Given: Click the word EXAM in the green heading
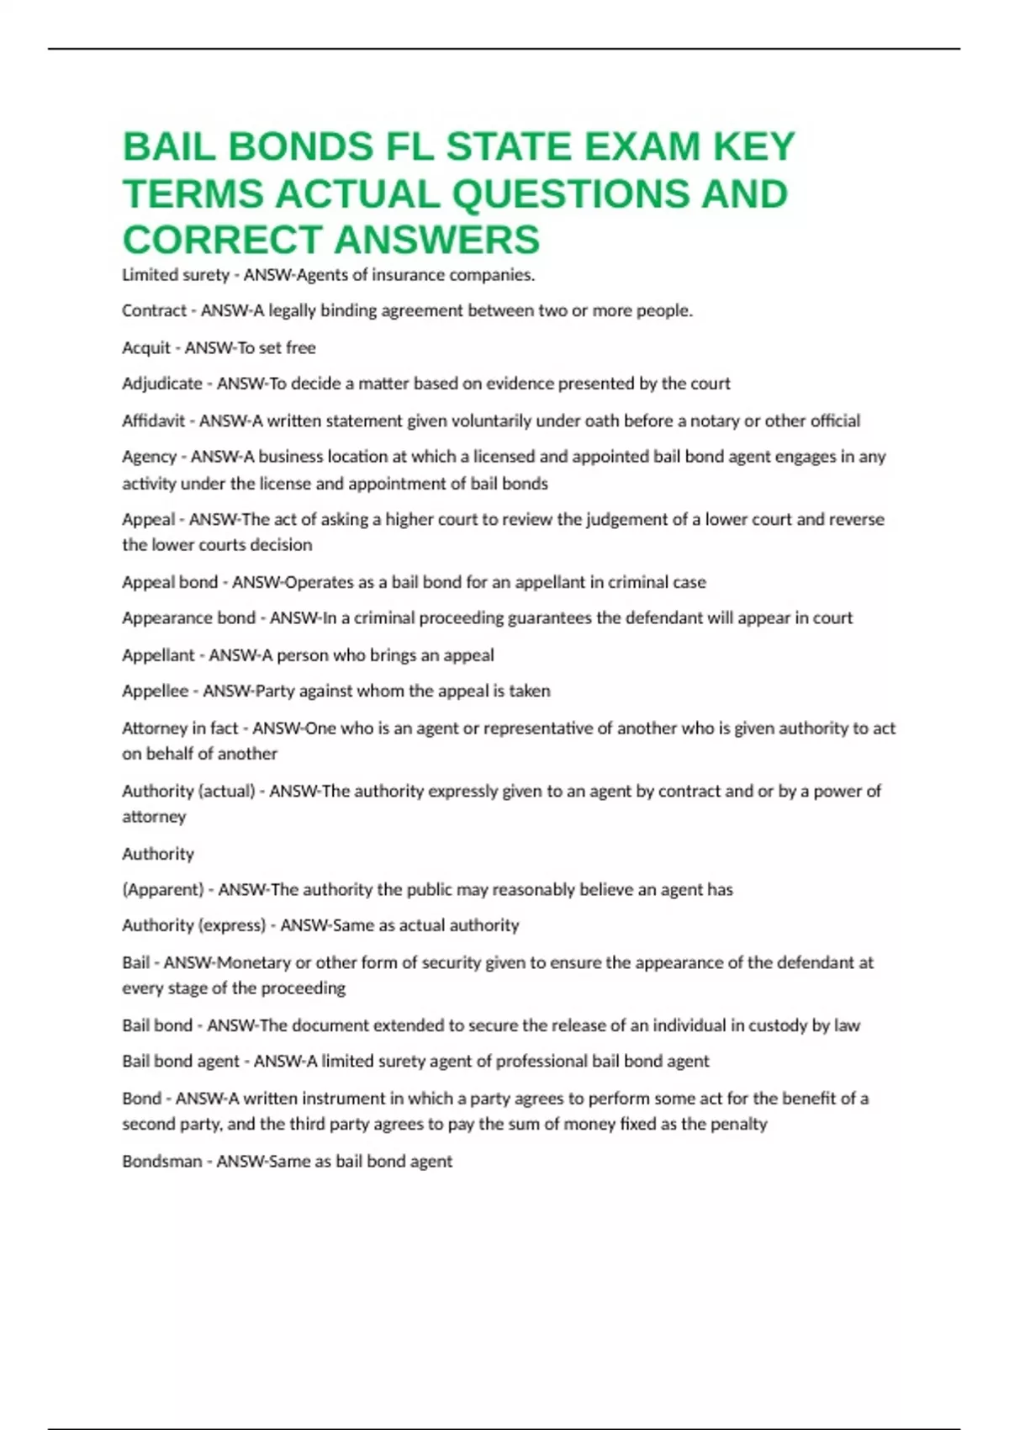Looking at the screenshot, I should coord(642,147).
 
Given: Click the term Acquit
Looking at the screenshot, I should coord(146,347).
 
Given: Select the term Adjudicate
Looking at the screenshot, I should coord(162,384).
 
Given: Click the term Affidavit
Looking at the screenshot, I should coord(153,421).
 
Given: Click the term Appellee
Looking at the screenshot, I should coord(155,691).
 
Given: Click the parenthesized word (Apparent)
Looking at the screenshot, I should coord(163,889).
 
